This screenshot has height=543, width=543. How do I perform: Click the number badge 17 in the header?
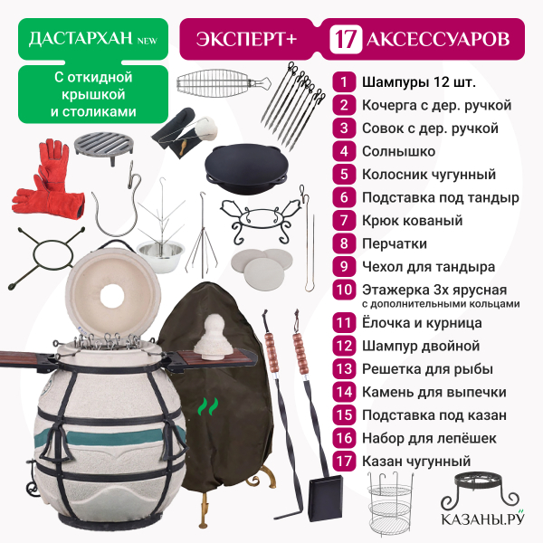[346, 39]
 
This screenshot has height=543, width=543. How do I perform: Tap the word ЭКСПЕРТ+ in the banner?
[246, 39]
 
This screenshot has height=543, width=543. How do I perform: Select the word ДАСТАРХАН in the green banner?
[81, 38]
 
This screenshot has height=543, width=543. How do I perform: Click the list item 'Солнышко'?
[398, 151]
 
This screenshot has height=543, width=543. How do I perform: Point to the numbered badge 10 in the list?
[344, 290]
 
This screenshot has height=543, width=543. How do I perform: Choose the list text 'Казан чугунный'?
[416, 462]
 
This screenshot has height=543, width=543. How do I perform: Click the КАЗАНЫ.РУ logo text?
[482, 519]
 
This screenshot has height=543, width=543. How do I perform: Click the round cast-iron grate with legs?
[104, 148]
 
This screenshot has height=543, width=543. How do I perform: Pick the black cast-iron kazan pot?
[246, 167]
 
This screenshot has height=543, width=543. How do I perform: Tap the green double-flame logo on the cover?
[208, 406]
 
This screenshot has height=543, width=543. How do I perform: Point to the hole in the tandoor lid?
[112, 295]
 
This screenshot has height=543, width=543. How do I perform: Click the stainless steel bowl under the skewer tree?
[160, 252]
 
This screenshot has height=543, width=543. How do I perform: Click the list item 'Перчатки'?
[395, 243]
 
